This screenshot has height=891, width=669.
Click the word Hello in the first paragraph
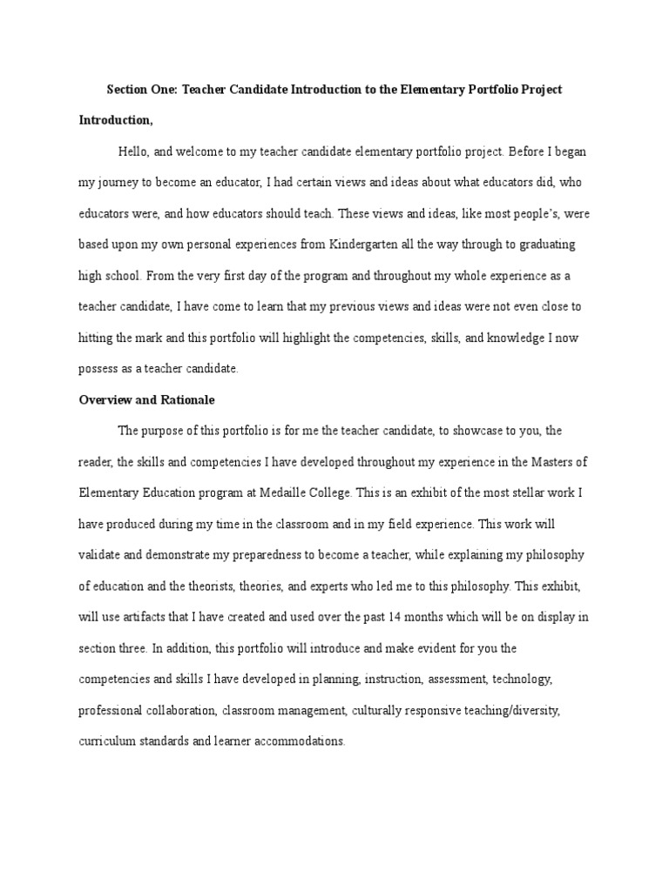point(133,151)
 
